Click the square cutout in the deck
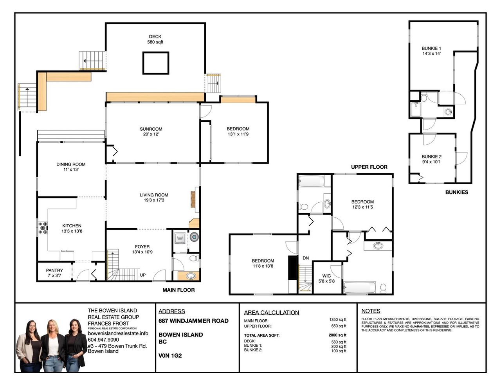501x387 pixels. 156,63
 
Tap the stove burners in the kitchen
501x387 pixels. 43,228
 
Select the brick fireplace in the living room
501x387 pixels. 193,200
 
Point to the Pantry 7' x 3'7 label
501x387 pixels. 54,273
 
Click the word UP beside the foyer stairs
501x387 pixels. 143,275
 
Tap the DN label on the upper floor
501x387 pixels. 306,258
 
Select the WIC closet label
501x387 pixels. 326,276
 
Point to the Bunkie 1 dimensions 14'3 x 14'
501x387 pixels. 431,54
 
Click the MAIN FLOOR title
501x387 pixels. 178,290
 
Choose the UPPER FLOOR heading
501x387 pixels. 369,167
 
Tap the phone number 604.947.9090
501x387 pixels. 103,340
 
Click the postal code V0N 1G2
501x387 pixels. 170,356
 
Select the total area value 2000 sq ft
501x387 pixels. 337,335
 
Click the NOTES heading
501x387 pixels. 371,311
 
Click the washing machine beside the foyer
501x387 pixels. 180,238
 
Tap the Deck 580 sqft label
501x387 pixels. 155,39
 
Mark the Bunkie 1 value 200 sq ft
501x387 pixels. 339,346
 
